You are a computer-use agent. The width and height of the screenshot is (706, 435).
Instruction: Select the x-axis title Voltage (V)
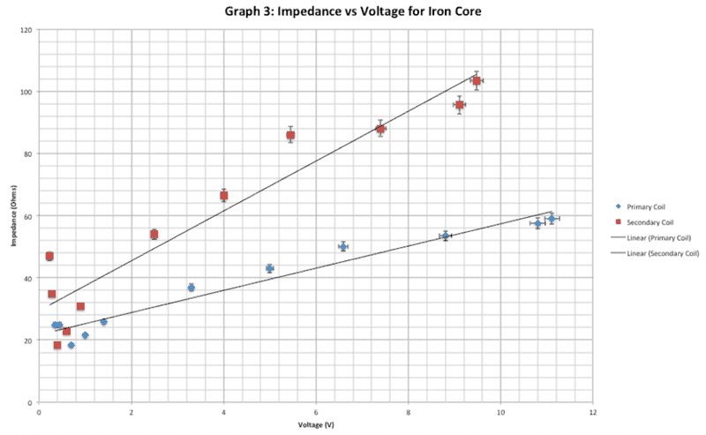[316, 424]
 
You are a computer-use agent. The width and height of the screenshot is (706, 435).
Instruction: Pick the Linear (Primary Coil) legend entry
[652, 237]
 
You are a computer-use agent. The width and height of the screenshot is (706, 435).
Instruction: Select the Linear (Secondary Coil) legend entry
[656, 253]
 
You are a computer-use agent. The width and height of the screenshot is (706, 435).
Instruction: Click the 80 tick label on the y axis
[28, 154]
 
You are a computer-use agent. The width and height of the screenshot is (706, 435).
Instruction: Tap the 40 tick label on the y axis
[28, 279]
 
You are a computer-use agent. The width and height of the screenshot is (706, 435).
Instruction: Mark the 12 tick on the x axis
[592, 411]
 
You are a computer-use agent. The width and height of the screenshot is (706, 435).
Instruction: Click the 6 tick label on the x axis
[316, 411]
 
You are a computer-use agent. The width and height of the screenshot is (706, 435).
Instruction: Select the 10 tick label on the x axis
[500, 411]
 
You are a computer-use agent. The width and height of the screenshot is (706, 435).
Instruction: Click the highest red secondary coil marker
[477, 81]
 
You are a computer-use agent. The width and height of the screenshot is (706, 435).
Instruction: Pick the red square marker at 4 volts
[224, 196]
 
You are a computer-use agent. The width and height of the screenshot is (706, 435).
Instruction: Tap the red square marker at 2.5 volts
[154, 235]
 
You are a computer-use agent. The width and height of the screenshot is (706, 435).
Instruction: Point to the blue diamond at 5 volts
[270, 268]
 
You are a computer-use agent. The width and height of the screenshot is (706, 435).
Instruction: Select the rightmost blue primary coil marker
[552, 219]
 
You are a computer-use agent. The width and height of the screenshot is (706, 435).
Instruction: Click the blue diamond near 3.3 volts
[192, 288]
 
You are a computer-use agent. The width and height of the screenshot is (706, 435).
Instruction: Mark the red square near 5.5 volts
[290, 136]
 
